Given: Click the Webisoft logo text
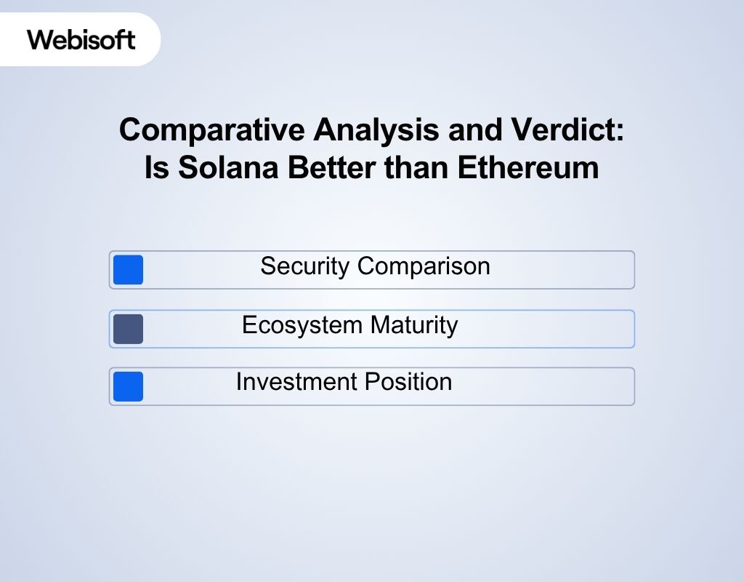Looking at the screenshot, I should click(x=81, y=39).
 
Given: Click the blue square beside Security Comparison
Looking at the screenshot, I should click(x=129, y=270).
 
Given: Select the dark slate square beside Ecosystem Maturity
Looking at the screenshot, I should click(x=129, y=329).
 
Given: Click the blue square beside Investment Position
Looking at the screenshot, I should click(x=129, y=386).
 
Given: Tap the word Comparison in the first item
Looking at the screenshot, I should click(x=423, y=266).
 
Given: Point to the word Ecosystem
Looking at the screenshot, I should click(x=302, y=324).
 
